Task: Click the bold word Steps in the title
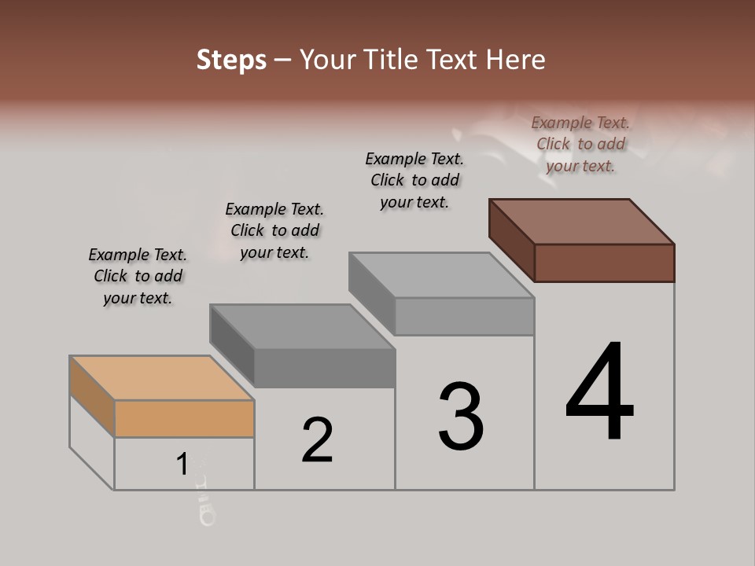231,60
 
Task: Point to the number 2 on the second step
318,439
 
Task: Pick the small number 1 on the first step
182,464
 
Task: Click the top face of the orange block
161,377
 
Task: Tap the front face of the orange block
184,418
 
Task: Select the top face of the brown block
582,221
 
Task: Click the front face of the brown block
604,263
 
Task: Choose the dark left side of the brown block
511,240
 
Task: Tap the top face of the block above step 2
303,326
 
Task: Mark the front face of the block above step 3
464,317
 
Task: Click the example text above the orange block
138,276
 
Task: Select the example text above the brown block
580,144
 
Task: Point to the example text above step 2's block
274,230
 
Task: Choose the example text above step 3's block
414,180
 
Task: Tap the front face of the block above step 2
324,368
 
